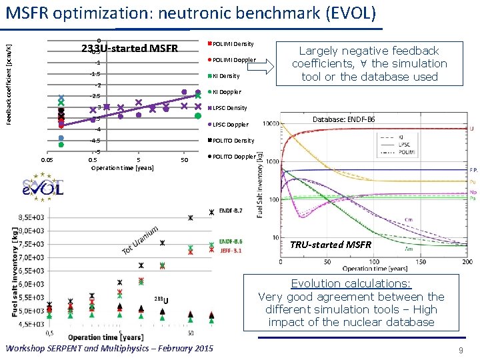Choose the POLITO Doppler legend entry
(x=233, y=157)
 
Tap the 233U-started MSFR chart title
(x=129, y=49)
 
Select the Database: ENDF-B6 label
(x=344, y=119)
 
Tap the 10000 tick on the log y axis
(x=271, y=123)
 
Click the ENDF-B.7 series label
(x=230, y=211)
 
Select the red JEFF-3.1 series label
(x=231, y=251)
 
